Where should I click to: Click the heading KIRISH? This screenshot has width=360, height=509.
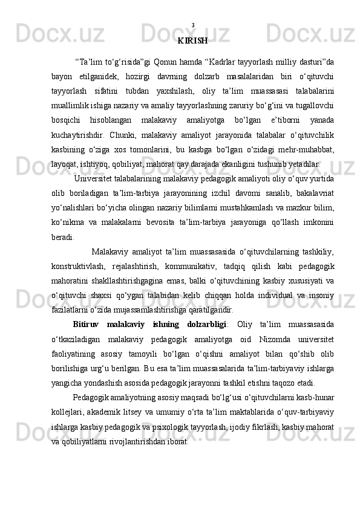point(193,41)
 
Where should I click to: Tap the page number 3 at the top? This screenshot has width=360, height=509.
point(192,25)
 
